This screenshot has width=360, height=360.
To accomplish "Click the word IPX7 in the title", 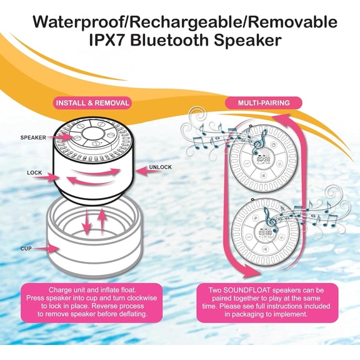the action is point(107,41).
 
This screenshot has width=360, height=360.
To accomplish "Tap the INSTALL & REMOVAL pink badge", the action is point(92,103).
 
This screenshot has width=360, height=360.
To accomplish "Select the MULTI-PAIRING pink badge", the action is point(264,103).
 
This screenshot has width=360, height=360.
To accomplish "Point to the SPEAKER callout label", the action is point(33,137).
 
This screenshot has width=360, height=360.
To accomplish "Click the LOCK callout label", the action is point(34,172).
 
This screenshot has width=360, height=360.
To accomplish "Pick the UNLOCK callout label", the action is point(160,167).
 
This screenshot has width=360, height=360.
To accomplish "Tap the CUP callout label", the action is point(26,248).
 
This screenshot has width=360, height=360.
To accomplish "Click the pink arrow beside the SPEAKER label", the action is point(60,137).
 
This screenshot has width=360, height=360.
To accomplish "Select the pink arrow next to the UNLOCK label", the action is point(145,171).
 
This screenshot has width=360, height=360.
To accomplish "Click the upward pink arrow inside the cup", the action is point(102,222).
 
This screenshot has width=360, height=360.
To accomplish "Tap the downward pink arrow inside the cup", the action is point(87,221).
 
